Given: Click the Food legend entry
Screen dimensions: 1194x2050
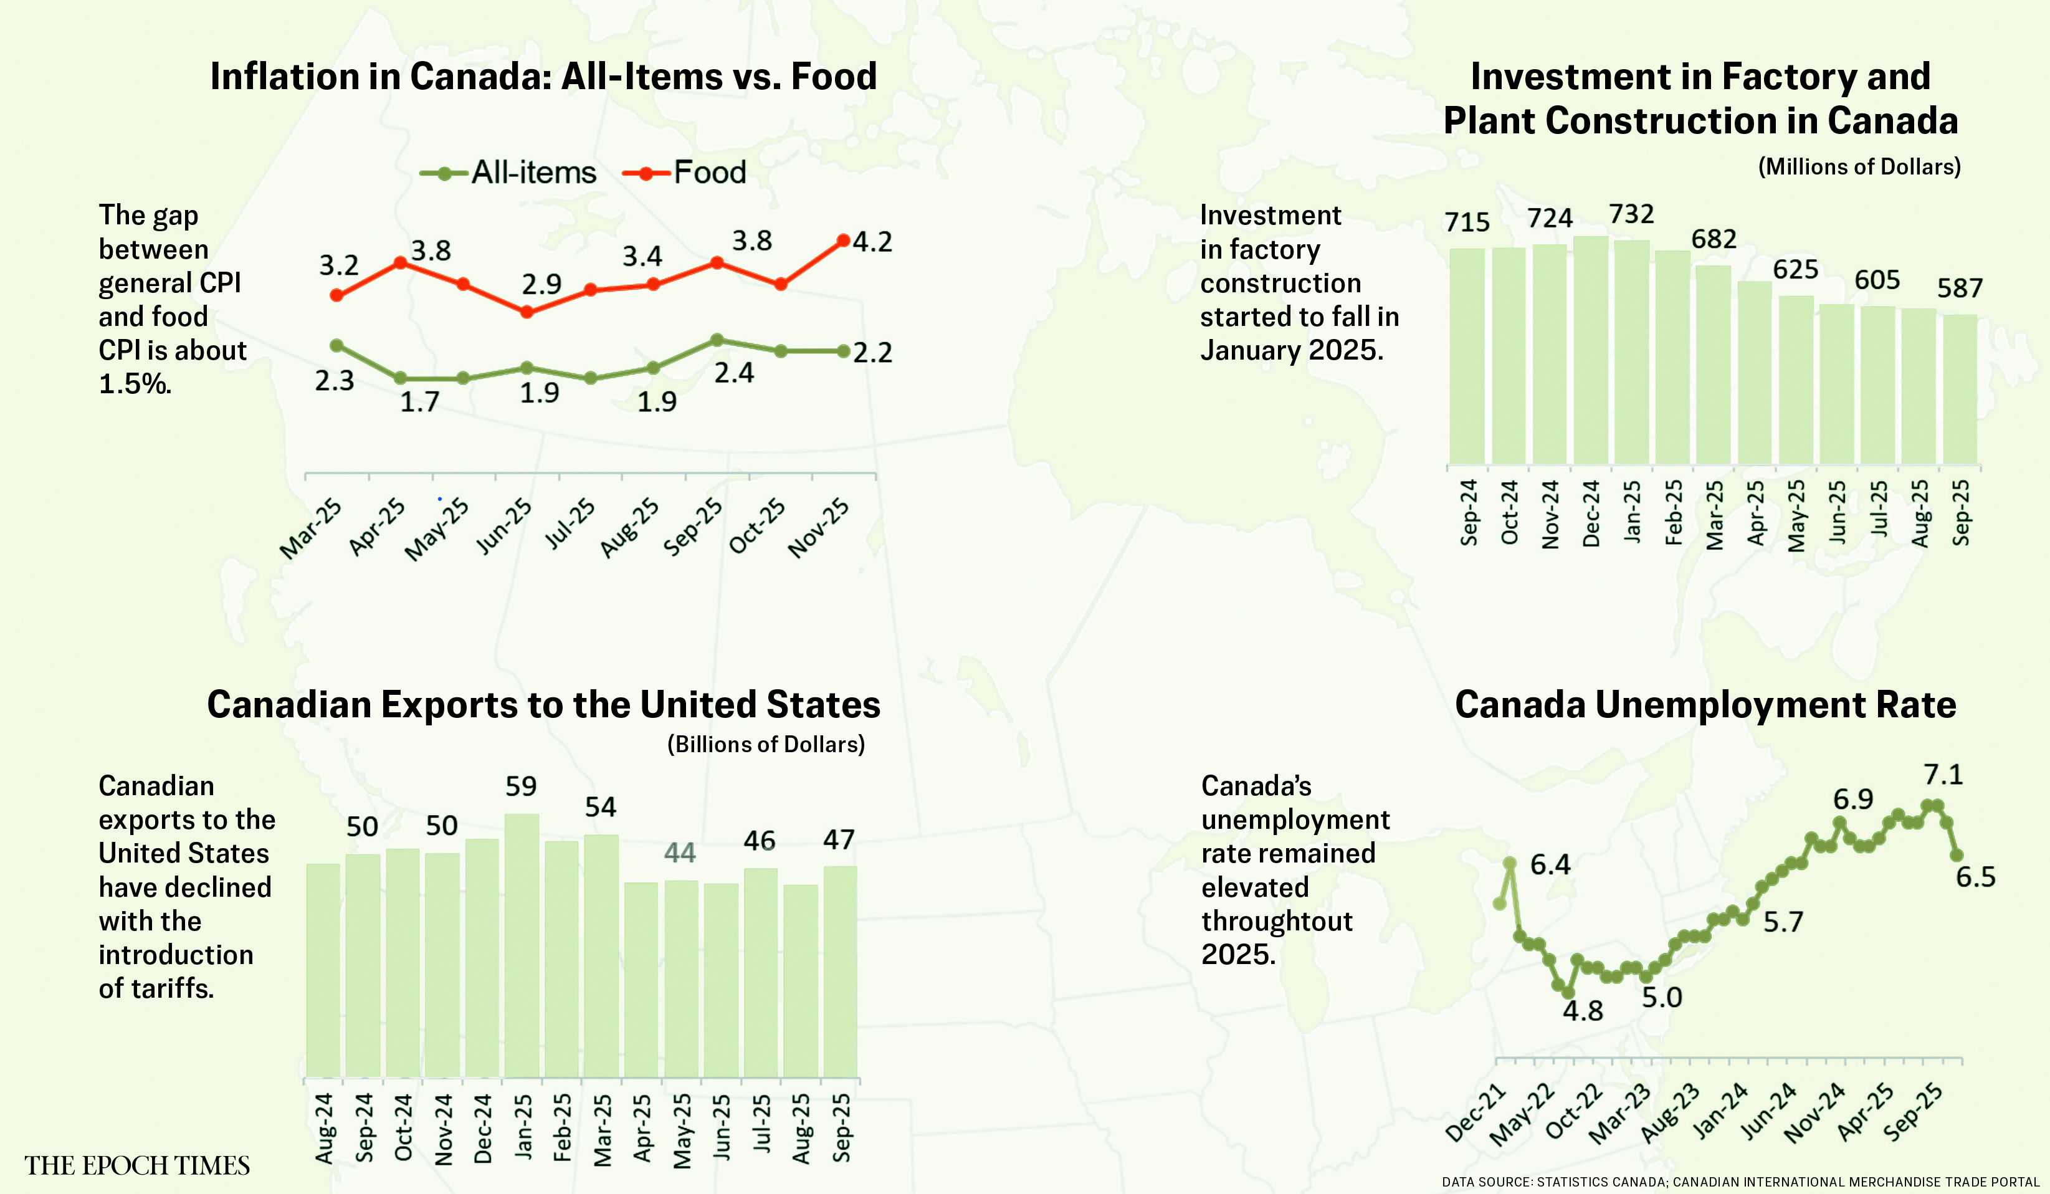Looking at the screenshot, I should tap(685, 173).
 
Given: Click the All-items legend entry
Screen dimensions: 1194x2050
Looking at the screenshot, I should tap(509, 173).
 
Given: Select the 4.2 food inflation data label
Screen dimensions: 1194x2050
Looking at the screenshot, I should tap(872, 242).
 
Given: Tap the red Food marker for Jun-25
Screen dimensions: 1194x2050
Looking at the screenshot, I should tap(527, 312).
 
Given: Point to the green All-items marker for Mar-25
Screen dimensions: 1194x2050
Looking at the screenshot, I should tap(336, 345).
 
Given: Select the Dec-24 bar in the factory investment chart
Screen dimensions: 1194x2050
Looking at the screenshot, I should tap(1590, 350).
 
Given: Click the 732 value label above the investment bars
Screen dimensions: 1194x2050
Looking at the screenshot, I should tap(1631, 214).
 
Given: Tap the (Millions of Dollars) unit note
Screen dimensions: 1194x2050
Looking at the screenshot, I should tap(1859, 167).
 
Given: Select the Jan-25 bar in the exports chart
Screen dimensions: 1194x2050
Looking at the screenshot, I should tap(522, 943).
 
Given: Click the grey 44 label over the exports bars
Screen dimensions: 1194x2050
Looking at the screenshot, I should tap(680, 853).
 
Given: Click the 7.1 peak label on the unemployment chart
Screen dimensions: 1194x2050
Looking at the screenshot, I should tap(1943, 775).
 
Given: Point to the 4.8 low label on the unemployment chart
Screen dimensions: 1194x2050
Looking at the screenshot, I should tap(1582, 1010).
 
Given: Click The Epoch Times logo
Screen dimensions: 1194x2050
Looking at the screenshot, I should tap(136, 1165).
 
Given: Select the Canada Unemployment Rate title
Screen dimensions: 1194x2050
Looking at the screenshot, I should tap(1705, 704).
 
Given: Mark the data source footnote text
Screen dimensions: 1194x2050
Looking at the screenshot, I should tap(1740, 1182).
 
